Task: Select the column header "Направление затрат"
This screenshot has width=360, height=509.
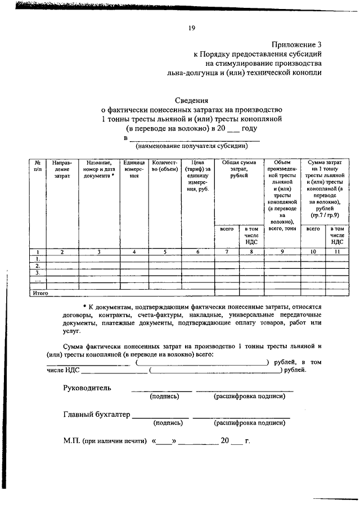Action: click(x=62, y=169)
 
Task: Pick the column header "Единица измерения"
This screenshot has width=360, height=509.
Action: click(x=134, y=169)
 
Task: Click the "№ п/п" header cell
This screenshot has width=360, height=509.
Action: click(x=38, y=165)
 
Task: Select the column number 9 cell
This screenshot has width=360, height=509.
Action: click(x=282, y=252)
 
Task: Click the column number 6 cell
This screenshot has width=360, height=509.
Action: click(x=197, y=252)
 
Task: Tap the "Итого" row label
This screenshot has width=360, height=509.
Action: click(x=40, y=293)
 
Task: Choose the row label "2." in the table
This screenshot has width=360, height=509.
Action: click(x=38, y=265)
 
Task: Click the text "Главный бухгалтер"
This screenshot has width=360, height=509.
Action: click(x=96, y=415)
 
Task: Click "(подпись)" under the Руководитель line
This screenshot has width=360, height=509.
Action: click(x=164, y=397)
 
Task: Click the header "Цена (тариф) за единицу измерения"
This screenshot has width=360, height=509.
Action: click(x=197, y=177)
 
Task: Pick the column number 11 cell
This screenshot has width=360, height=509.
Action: click(x=337, y=252)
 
